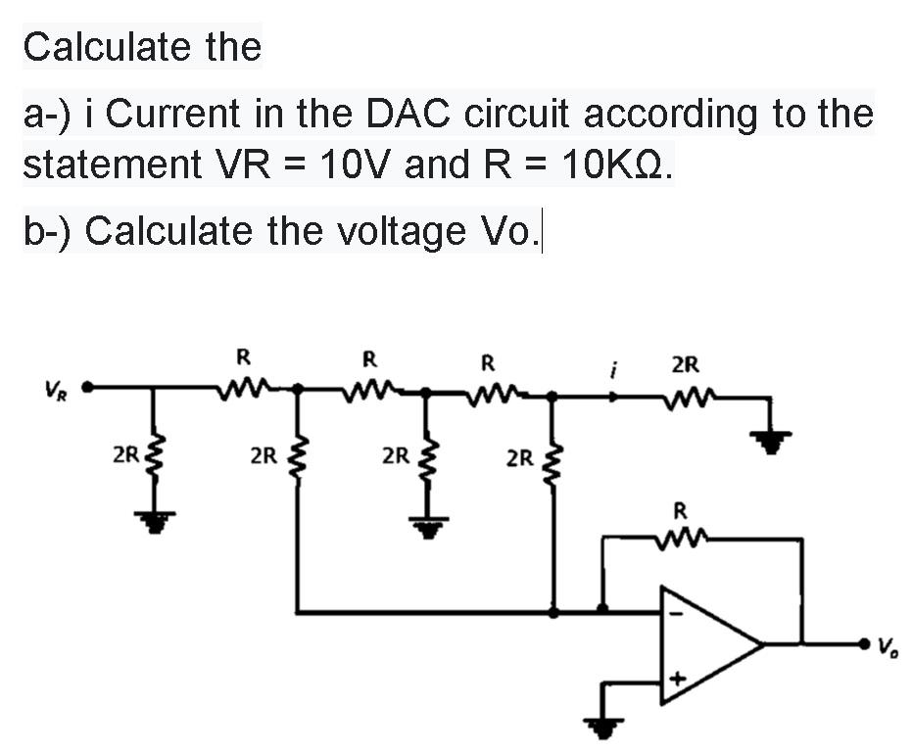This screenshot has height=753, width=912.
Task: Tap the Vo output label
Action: coord(889,645)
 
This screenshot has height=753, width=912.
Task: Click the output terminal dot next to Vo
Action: coord(864,644)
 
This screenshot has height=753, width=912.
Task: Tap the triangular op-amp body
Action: coord(705,644)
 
